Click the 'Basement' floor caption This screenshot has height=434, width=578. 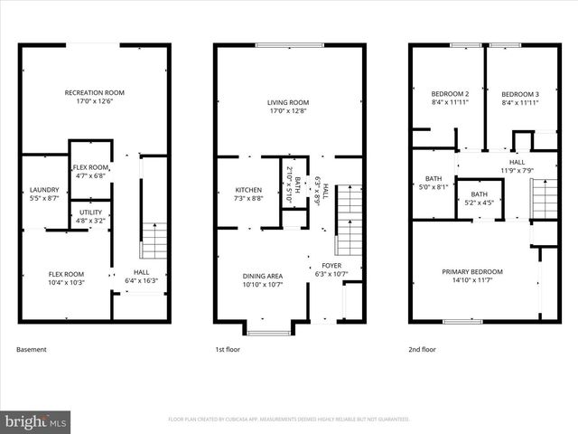pos(32,349)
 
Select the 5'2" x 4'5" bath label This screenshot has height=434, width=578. pos(479,198)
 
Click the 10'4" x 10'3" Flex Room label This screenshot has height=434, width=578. pos(66,278)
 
